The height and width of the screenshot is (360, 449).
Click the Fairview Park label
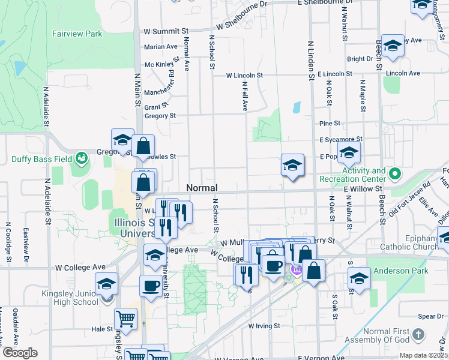tap(77, 34)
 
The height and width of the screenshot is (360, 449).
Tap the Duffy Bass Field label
tap(40, 160)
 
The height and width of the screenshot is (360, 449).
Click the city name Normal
tap(202, 188)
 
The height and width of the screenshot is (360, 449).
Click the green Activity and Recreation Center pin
tap(394, 175)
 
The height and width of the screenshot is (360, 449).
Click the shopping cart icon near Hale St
tap(125, 319)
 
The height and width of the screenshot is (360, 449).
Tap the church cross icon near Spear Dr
tap(419, 333)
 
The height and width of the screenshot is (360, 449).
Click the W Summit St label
tap(166, 31)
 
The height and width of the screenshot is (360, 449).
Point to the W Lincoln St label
tap(244, 76)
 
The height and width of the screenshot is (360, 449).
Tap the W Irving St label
tap(264, 326)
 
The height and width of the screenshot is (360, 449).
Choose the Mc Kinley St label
tap(158, 65)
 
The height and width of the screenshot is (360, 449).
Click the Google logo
tap(19, 353)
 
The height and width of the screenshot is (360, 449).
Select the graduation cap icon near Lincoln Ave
tap(393, 46)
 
